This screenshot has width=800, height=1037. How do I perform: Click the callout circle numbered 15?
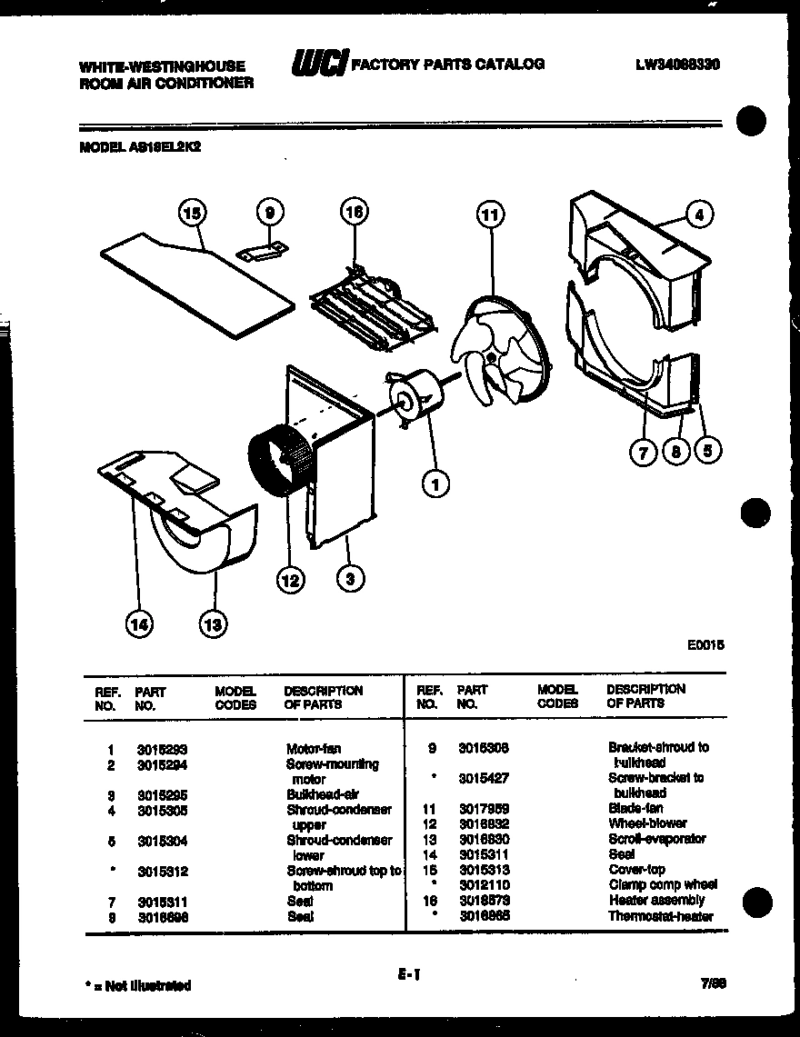point(192,214)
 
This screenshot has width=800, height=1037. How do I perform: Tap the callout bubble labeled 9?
point(268,214)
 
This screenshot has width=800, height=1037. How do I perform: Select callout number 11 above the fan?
point(489,214)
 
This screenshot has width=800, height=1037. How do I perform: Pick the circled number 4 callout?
point(698,215)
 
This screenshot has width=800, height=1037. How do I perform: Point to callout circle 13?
point(213,623)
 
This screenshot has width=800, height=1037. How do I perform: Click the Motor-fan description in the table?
point(314,750)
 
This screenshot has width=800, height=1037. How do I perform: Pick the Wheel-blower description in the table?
point(647,823)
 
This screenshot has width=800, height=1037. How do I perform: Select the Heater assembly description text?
point(656,900)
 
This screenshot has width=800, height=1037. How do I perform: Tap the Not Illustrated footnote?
point(136,985)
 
